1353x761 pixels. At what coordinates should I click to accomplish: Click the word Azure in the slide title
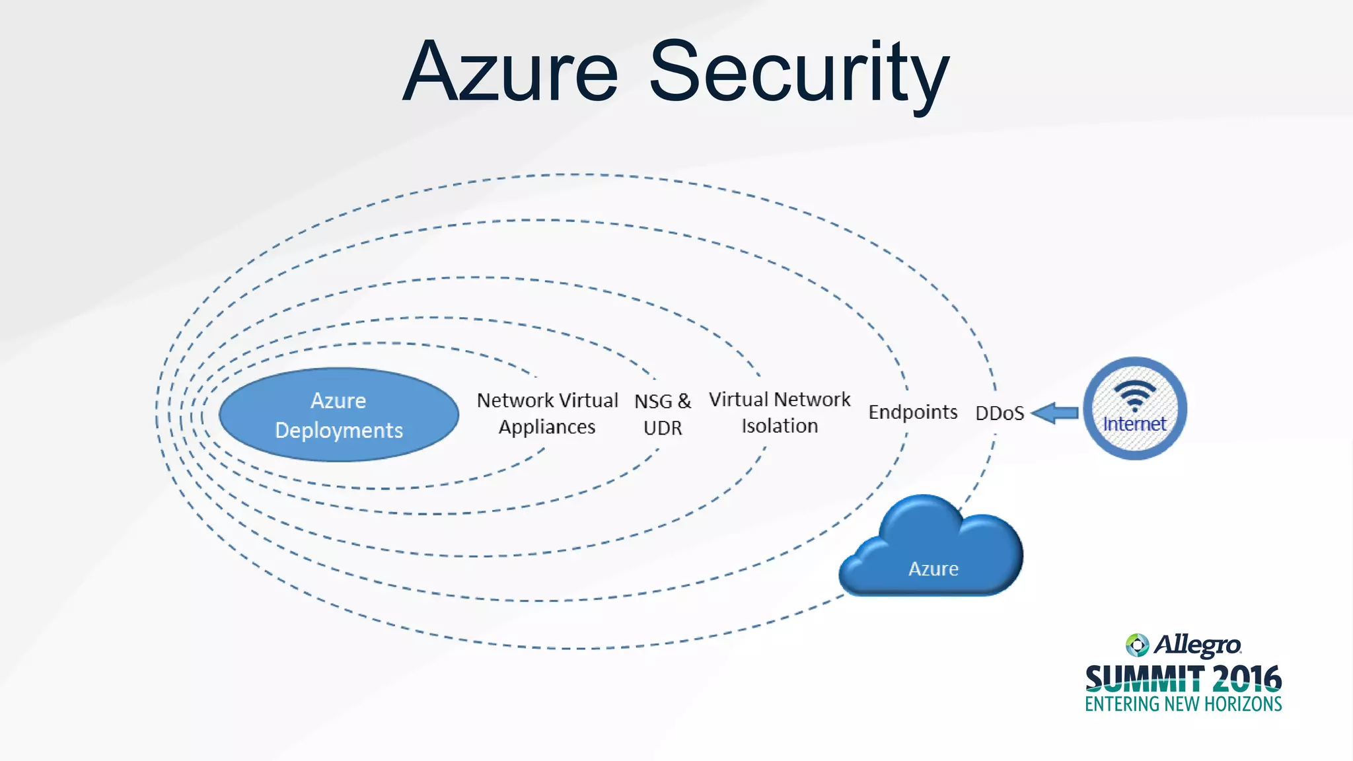(x=510, y=73)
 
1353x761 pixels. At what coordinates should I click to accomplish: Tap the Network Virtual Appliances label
(x=547, y=414)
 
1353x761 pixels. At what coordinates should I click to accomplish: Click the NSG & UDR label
(x=663, y=414)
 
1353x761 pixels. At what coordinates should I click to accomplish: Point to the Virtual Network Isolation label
(x=780, y=412)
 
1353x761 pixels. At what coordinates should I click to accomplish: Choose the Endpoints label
(x=912, y=412)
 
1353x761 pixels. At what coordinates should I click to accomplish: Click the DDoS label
(x=1000, y=414)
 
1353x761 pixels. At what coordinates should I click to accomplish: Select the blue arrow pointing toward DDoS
(x=1055, y=414)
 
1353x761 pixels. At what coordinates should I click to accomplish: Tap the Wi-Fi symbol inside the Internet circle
(x=1134, y=395)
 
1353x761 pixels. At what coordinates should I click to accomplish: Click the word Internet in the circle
(x=1134, y=424)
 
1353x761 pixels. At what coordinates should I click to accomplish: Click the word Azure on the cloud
(x=933, y=569)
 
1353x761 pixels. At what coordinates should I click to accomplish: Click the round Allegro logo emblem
(x=1137, y=645)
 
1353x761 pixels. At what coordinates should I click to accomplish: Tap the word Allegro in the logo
(x=1197, y=645)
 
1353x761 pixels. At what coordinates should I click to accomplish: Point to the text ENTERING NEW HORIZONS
(x=1183, y=704)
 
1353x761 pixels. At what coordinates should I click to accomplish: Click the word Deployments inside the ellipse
(x=339, y=431)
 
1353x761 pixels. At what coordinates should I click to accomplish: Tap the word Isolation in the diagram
(x=780, y=426)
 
